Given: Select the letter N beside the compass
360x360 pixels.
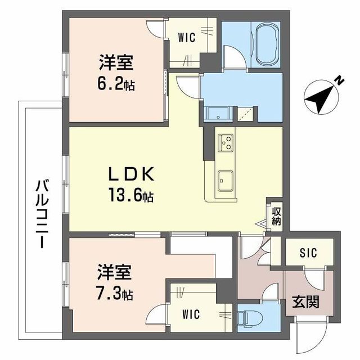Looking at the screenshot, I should tap(339, 81).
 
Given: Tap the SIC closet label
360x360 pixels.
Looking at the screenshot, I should tap(307, 253).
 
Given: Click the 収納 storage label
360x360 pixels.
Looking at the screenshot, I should tap(276, 216).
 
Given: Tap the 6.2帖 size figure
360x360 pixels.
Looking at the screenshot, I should tap(116, 84).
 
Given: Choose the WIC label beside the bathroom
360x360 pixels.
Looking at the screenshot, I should tap(186, 38).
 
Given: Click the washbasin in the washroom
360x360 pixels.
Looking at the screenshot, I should tap(214, 114).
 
